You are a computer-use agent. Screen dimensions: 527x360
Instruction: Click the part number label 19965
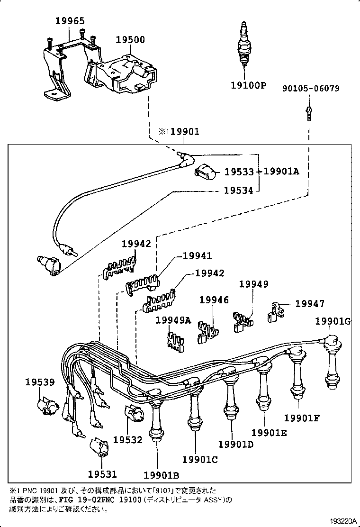(x=70, y=21)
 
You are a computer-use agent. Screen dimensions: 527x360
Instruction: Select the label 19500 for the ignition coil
(x=130, y=40)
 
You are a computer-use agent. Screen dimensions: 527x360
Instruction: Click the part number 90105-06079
(x=311, y=88)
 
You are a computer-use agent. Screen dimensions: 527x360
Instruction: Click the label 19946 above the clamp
(x=214, y=300)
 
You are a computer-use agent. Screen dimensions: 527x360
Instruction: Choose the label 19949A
(x=173, y=320)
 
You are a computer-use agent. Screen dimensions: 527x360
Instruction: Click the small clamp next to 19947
(x=275, y=312)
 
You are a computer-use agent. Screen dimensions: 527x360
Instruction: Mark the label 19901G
(x=333, y=322)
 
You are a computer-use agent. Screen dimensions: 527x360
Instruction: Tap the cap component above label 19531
(x=100, y=446)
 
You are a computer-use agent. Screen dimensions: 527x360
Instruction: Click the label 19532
(x=127, y=440)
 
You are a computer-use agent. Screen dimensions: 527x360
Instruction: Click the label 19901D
(x=236, y=444)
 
